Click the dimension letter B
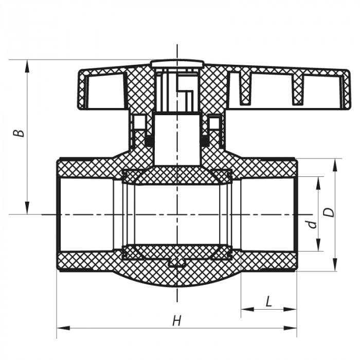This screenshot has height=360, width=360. click(19, 132)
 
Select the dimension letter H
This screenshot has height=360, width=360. click(176, 321)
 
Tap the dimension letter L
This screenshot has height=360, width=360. click(268, 301)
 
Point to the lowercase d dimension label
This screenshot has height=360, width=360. click(310, 224)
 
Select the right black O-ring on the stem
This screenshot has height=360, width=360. click(205, 140)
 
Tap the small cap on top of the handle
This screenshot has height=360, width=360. click(177, 64)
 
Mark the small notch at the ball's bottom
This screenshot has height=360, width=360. click(177, 263)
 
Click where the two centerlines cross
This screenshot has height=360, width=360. click(177, 213)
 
